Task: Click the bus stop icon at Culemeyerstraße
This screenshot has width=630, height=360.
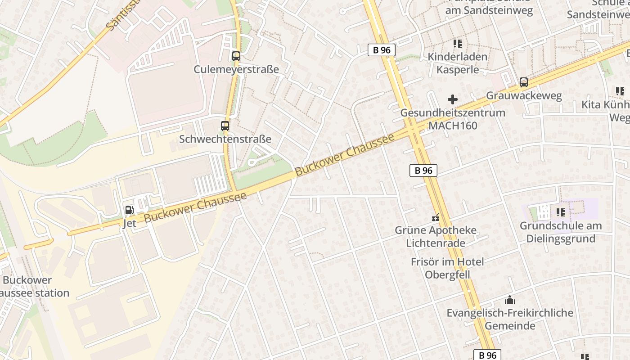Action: tap(236, 56)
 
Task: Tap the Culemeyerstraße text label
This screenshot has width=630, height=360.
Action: tap(236, 69)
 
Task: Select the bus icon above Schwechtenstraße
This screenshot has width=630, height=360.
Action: tap(225, 126)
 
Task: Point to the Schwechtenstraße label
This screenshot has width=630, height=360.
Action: tap(225, 139)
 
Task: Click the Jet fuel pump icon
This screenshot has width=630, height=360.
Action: tap(130, 210)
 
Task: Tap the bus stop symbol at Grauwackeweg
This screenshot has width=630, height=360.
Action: tap(523, 82)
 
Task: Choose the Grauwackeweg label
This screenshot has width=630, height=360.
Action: tap(524, 96)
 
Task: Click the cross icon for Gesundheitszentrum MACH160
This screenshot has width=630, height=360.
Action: tap(453, 99)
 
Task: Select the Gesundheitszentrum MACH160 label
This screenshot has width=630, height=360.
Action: tap(453, 119)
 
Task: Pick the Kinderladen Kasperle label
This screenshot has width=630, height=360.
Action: tap(457, 63)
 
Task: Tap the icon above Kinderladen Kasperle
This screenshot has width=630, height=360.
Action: tap(457, 44)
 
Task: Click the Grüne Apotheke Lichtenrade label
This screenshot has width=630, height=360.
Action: tap(435, 237)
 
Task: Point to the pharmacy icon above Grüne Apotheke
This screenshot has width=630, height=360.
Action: tap(435, 218)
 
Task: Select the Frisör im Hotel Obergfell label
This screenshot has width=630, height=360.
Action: tap(447, 268)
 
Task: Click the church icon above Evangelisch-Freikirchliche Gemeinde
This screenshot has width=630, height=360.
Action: tap(509, 299)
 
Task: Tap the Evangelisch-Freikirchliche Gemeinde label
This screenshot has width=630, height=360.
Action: tap(509, 319)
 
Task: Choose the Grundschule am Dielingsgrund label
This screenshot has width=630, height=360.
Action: tap(560, 232)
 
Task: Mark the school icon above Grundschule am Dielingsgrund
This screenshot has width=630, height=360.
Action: tap(560, 212)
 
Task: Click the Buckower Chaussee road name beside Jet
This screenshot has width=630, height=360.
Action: tap(195, 207)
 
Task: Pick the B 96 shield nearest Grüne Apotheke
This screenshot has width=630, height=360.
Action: tap(423, 171)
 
